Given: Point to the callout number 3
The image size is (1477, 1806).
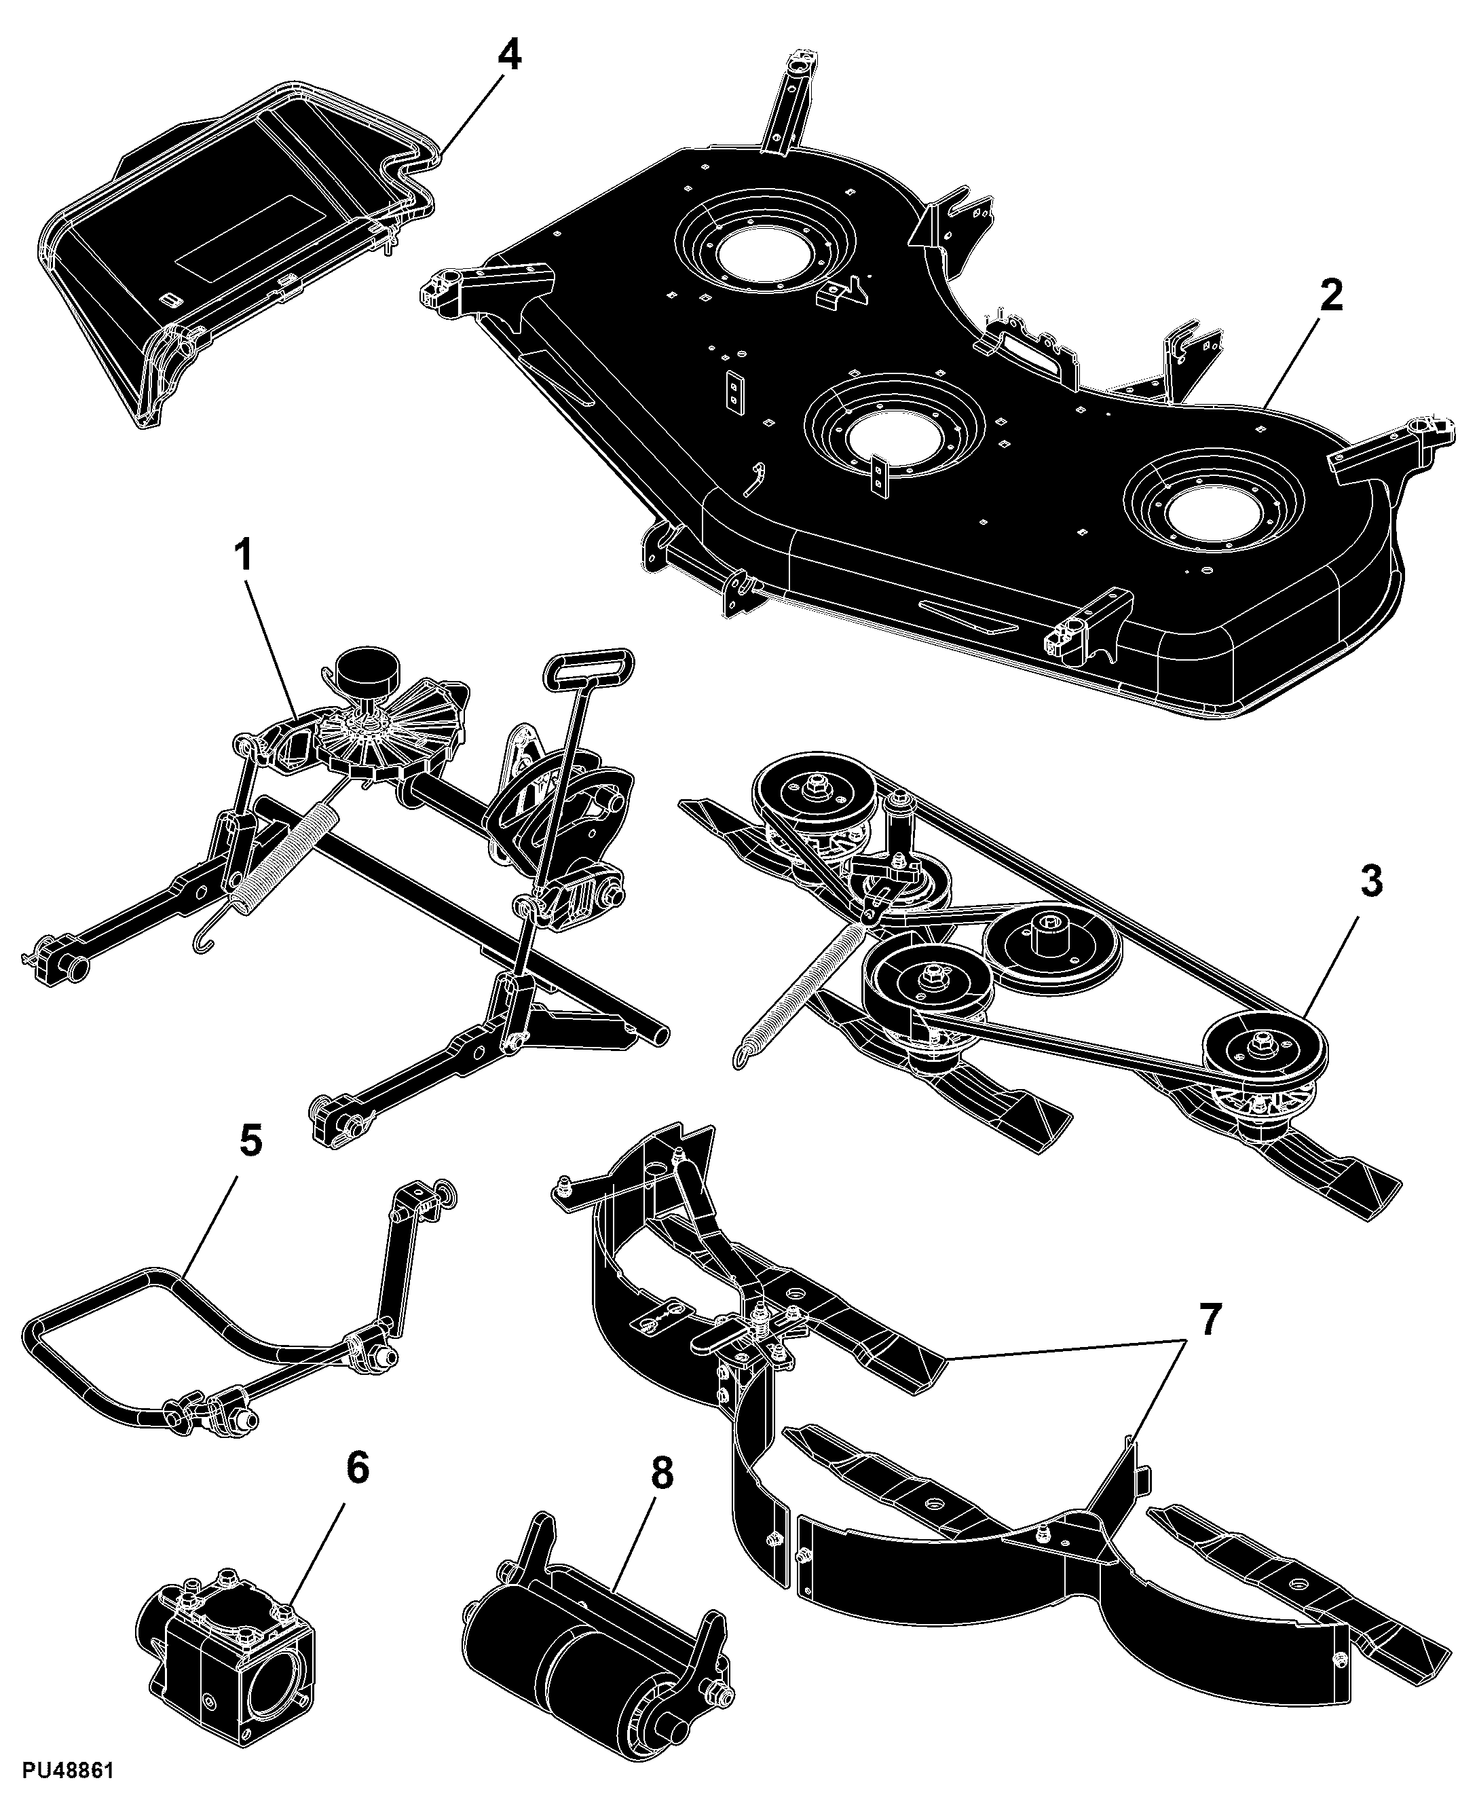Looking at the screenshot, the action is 1370,882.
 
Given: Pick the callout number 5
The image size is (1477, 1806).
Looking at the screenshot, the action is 250,1141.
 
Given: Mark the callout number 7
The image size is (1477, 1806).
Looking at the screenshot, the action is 1209,1319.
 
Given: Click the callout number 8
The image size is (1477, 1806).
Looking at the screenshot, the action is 661,1473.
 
